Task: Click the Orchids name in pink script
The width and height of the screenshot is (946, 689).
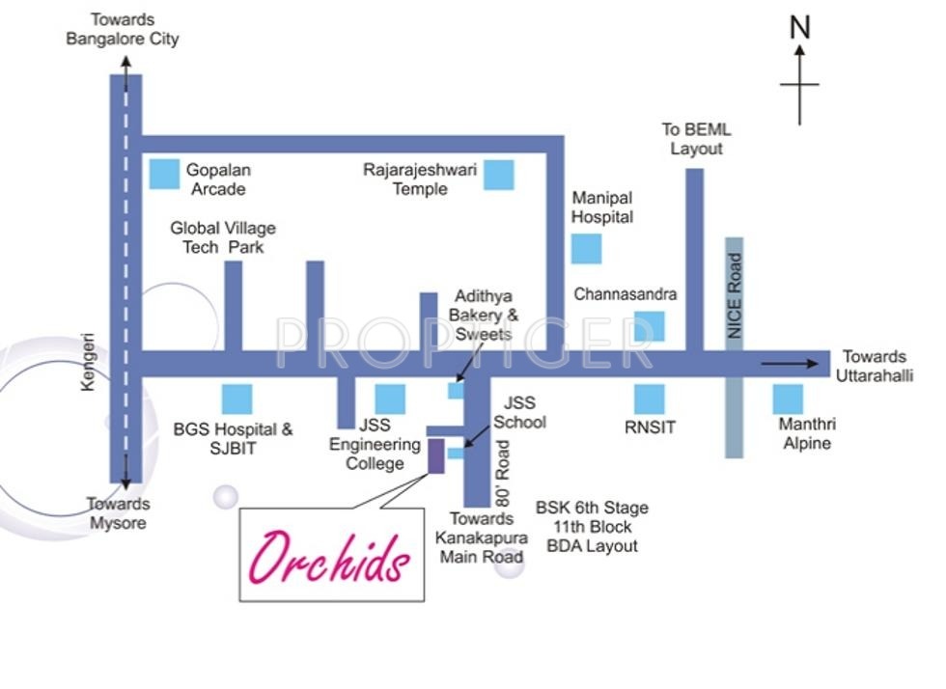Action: point(329,556)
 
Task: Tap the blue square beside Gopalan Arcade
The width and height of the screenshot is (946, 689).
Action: point(164,174)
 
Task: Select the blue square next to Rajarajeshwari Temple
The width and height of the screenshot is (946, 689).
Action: point(499,175)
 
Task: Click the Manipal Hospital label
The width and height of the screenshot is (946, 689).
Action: point(601,207)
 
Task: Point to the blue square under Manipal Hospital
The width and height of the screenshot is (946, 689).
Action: point(586,249)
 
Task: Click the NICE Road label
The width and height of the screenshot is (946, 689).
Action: point(735,295)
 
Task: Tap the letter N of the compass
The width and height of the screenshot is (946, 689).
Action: point(799,28)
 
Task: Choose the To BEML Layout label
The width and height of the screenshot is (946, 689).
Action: point(696,139)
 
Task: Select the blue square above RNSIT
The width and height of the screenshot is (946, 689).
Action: point(650,399)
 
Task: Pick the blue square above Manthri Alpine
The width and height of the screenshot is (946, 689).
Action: point(788,399)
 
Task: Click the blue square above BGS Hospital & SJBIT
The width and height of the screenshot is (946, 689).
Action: point(236,399)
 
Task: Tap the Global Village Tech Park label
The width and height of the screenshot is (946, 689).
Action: point(223,237)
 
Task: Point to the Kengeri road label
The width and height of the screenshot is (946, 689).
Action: point(89,362)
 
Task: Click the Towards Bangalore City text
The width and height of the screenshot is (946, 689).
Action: point(123,29)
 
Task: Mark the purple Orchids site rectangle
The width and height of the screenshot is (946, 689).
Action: point(435,455)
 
